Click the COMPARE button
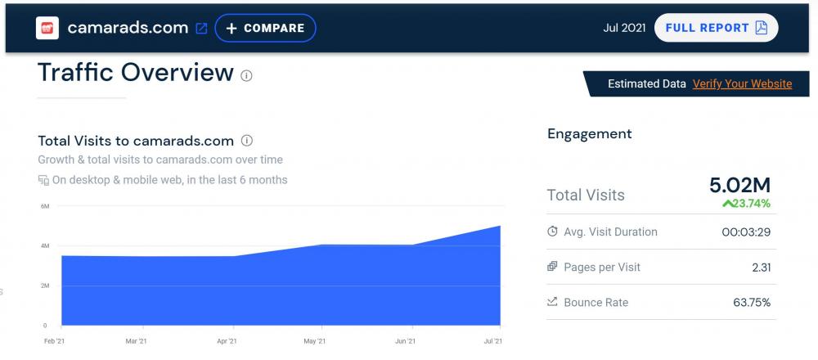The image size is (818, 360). tap(265, 28)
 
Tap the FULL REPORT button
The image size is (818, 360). tap(716, 28)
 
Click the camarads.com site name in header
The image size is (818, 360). tap(128, 28)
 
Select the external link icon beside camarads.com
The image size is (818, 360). tap(201, 29)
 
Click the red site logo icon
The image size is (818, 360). tap(47, 28)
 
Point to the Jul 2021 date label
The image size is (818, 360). tap(624, 28)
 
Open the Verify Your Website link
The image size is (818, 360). tap(742, 83)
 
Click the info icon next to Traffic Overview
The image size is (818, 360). tap(246, 75)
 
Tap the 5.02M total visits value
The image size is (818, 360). tap(739, 186)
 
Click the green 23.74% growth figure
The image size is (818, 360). tap(746, 204)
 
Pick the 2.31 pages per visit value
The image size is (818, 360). tap(760, 267)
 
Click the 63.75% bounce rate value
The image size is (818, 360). tap(752, 302)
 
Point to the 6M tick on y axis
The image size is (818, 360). tap(45, 205)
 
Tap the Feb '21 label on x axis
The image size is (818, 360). tap(55, 340)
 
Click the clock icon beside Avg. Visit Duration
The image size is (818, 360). tap(552, 232)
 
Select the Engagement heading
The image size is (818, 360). tap(589, 134)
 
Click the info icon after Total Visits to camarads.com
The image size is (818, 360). tap(247, 141)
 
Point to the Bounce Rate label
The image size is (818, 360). tap(596, 302)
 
